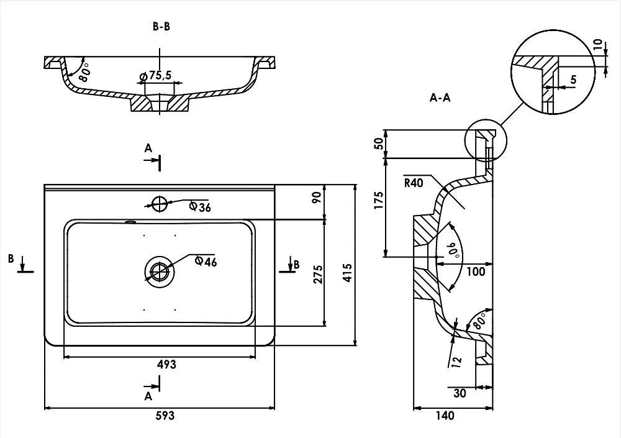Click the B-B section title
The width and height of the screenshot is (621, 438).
pos(161,27)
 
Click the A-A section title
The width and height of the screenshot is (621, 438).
pos(440,98)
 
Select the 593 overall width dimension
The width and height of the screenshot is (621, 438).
pos(165,416)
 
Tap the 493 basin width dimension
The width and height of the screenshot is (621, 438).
pos(166,364)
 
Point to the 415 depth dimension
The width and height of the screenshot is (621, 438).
pos(347,273)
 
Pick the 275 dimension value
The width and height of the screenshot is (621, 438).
pos(319,275)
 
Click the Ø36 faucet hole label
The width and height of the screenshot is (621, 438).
pos(200,206)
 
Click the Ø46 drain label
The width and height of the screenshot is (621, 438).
pos(206,261)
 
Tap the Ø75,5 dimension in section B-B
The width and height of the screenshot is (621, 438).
pos(156,75)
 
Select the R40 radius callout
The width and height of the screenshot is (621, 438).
pos(414,183)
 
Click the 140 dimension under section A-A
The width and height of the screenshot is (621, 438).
pos(445,416)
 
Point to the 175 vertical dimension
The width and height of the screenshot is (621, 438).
pos(379,200)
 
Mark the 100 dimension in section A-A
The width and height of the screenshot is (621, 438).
pos(476,271)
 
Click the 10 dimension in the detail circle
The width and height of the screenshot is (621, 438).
pos(598,44)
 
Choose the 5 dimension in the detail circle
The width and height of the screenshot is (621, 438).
pos(573,80)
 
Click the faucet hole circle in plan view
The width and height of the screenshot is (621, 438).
pos(160,204)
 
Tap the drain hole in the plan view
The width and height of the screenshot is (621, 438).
pos(159,272)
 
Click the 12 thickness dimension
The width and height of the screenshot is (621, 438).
pos(456,361)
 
